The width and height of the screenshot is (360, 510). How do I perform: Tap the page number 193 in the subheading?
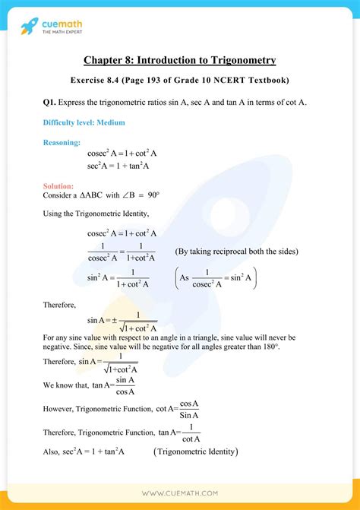click(x=170, y=80)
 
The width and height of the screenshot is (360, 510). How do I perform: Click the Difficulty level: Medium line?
click(x=84, y=122)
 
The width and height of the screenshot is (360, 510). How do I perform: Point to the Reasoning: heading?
click(x=62, y=142)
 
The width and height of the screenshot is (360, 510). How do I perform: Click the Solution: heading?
click(x=58, y=185)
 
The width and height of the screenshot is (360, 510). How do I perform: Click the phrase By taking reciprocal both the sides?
click(x=236, y=252)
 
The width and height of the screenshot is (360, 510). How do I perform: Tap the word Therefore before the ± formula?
click(x=60, y=305)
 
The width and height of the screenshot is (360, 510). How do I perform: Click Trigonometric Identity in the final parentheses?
click(x=196, y=452)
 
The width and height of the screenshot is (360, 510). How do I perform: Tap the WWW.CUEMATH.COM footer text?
click(x=180, y=492)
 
